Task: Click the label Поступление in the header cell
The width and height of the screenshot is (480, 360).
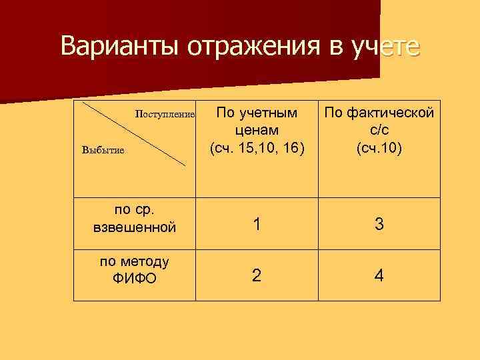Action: pyautogui.click(x=165, y=114)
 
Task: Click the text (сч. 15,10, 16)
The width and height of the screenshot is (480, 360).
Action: pyautogui.click(x=257, y=147)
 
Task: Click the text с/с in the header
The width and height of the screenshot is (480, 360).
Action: pyautogui.click(x=379, y=129)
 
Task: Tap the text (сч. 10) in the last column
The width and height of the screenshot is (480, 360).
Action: pyautogui.click(x=379, y=147)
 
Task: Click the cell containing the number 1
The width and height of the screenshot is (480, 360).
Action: pyautogui.click(x=257, y=225)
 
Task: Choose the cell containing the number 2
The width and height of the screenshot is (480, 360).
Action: pyautogui.click(x=257, y=275)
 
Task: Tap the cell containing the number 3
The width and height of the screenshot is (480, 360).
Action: pyautogui.click(x=379, y=225)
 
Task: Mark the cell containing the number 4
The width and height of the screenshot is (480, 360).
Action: pyautogui.click(x=379, y=275)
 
